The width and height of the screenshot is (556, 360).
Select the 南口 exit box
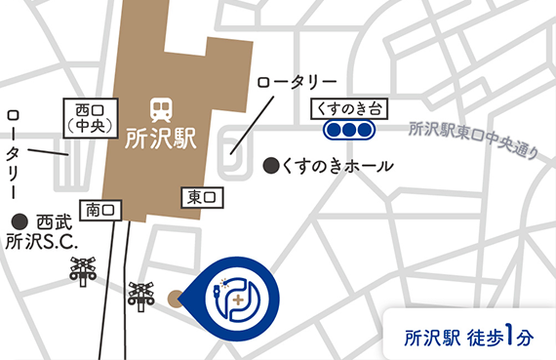click(x=101, y=210)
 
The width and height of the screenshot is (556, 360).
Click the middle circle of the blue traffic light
click(x=348, y=130)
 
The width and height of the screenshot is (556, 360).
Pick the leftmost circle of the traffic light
click(x=333, y=130)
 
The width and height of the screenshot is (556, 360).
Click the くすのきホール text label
click(x=336, y=167)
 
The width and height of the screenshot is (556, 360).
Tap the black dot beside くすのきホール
click(x=270, y=167)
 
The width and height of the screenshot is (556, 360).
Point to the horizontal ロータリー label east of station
click(x=298, y=83)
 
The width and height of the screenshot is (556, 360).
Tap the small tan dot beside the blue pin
click(x=176, y=298)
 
